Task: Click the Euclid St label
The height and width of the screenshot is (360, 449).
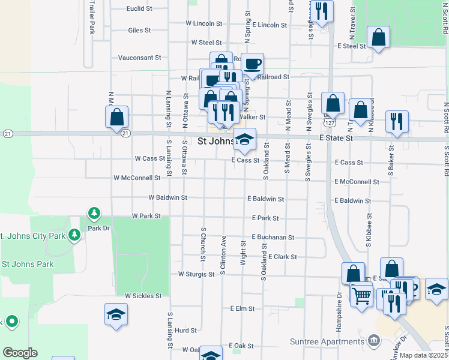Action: point(139,9)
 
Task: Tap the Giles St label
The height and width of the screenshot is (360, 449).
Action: point(140,30)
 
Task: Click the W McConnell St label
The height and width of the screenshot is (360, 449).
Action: point(137,178)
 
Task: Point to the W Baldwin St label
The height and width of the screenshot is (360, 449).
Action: point(168,197)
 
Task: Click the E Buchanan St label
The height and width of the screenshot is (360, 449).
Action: point(273,238)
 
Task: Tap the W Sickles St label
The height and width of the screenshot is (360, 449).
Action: point(143,296)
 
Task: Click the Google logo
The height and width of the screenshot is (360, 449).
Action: point(20,353)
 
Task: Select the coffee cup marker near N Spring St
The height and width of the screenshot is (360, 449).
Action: point(253,64)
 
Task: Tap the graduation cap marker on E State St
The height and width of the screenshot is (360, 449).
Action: point(244,139)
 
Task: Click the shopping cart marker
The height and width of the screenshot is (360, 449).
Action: point(361,295)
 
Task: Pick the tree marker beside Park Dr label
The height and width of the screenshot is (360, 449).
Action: point(94,213)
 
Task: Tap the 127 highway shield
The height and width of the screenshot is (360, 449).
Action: point(330,122)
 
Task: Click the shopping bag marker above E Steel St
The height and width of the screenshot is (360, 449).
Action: point(378,37)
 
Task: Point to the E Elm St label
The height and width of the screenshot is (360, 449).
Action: point(243,308)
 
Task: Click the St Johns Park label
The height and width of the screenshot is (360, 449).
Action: point(28,264)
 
